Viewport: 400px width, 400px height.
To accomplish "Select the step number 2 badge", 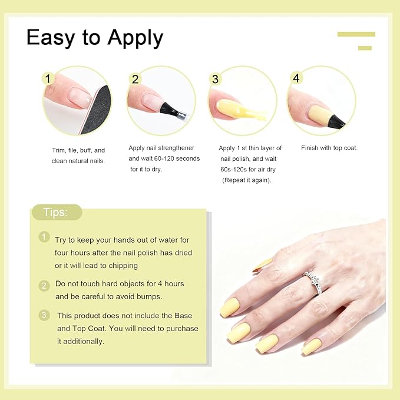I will [x=135, y=79].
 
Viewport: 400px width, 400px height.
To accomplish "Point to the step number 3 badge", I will [x=215, y=79].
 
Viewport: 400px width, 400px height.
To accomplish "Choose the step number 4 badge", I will [x=296, y=78].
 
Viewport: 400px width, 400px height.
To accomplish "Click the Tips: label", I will [x=56, y=213].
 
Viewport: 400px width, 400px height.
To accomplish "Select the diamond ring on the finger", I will [x=312, y=276].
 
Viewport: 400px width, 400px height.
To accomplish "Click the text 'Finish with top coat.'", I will [x=329, y=148].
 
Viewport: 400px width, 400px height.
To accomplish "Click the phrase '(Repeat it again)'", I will [x=247, y=180].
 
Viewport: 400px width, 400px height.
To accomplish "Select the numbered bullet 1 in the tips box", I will [x=44, y=237].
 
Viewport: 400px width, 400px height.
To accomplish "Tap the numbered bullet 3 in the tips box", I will [x=44, y=315].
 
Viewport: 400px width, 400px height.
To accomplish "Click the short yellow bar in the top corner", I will [x=365, y=48].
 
